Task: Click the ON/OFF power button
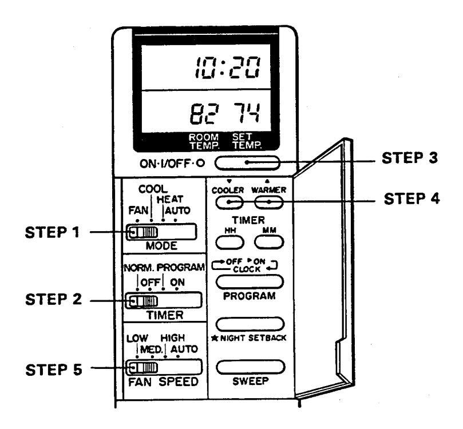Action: click(x=247, y=163)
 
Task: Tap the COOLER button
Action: click(x=229, y=202)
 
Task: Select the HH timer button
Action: click(x=229, y=243)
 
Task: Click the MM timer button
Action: click(x=269, y=242)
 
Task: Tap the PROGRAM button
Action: click(x=250, y=281)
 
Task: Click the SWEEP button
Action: click(x=251, y=367)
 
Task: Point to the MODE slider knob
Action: click(x=143, y=232)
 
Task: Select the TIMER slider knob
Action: click(x=143, y=301)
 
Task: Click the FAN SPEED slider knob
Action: click(x=143, y=368)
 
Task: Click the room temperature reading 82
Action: click(x=204, y=113)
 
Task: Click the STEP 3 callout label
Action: click(x=410, y=158)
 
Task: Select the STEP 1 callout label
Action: click(x=52, y=232)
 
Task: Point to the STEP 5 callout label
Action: click(x=53, y=370)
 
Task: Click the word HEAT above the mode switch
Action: click(x=170, y=200)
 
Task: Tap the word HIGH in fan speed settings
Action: click(x=173, y=337)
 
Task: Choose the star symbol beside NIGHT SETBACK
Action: click(x=215, y=338)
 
